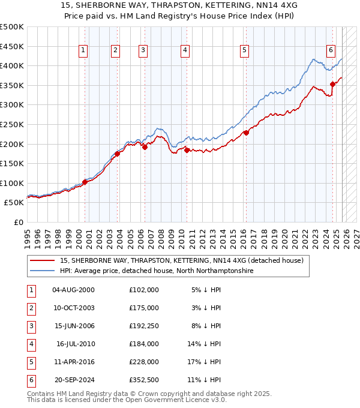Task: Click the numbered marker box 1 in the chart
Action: coord(82,51)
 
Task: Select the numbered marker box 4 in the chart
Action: coord(185,51)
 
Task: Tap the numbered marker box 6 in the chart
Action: coord(331,51)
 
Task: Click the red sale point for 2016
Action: coord(246,133)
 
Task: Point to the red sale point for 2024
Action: coord(332,85)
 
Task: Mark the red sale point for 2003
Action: coord(118,154)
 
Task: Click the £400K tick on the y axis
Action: coord(12,65)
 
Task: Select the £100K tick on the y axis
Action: coord(12,183)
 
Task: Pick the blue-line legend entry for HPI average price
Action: coord(157,271)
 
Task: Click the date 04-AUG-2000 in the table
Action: coord(73,290)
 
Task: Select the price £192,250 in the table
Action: coord(143,326)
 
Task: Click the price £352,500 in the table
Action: coord(143,380)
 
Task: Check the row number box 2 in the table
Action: coord(31,308)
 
